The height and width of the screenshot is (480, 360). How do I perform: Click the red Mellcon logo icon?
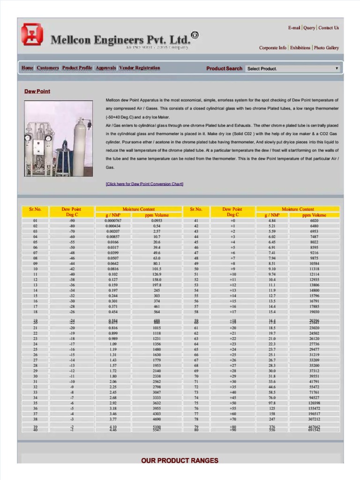[32, 35]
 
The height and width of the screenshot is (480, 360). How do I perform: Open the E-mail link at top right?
[294, 28]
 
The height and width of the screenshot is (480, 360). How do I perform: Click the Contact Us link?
[328, 28]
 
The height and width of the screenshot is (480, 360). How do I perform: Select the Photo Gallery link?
[326, 48]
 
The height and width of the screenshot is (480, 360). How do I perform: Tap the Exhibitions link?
[300, 48]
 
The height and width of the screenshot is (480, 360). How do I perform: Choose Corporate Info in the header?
[273, 48]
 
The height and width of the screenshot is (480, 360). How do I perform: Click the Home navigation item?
[27, 68]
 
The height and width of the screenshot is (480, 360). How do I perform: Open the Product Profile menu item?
[77, 68]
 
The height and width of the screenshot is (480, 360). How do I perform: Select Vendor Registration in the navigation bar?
[139, 68]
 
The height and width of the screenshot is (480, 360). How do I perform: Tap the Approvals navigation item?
[105, 68]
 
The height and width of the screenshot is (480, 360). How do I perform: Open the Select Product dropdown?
[292, 68]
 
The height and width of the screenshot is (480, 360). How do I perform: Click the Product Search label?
[224, 68]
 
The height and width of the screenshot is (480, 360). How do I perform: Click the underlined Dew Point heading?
[37, 91]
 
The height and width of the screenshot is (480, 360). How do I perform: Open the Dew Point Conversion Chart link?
[144, 184]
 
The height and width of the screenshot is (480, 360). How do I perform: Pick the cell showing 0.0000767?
[113, 220]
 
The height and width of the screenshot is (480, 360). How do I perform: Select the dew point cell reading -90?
[72, 220]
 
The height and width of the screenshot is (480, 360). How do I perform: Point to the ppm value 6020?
[314, 220]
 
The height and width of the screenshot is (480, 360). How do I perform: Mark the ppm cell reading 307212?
[314, 420]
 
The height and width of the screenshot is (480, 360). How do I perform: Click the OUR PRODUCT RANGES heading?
[180, 461]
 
